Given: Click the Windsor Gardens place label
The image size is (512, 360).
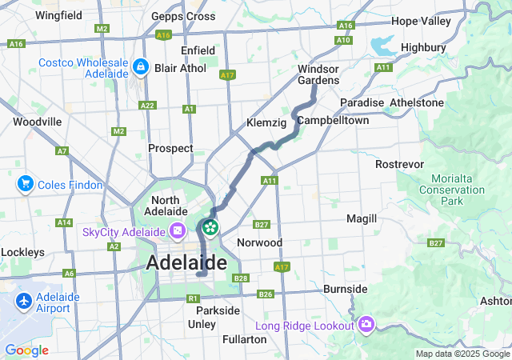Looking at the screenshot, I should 318,74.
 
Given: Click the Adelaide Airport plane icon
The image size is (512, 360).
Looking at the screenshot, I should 24,302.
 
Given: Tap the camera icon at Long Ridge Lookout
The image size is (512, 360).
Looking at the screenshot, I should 366,325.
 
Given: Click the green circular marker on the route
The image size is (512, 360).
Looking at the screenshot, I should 210,228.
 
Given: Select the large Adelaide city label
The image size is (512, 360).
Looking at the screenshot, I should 186,262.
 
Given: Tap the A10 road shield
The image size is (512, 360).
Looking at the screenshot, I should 344,39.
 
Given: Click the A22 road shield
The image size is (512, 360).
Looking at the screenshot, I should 147,105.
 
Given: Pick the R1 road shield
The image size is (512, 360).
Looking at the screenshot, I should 192,298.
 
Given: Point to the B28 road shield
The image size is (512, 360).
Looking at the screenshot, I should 241,278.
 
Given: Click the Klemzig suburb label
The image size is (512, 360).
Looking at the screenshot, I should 266,124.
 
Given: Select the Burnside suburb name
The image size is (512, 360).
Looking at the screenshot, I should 346,288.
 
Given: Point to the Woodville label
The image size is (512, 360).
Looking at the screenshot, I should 37,122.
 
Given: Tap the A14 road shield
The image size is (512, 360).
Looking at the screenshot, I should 65,222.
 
